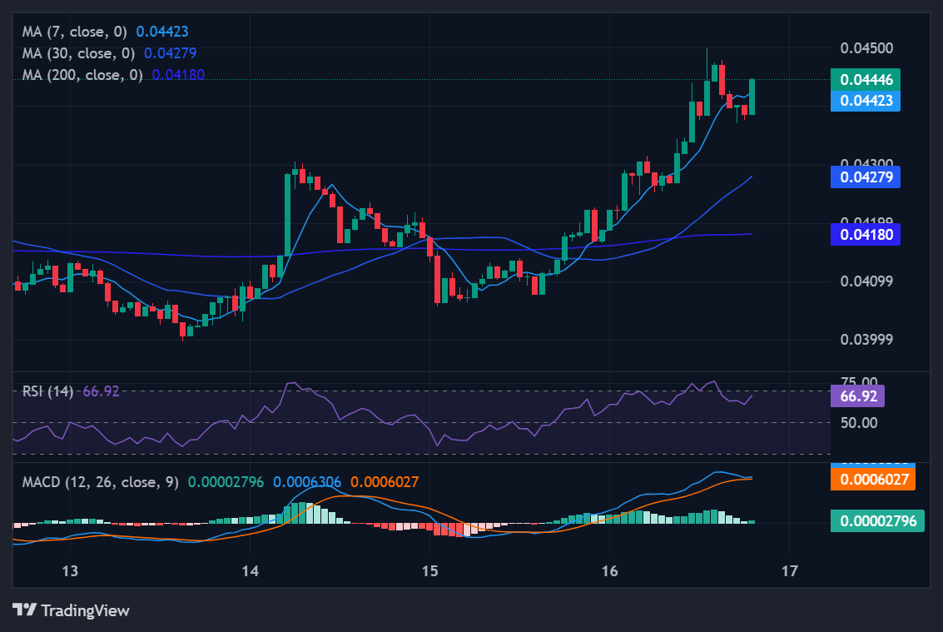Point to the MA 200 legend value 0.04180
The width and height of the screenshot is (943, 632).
(x=178, y=75)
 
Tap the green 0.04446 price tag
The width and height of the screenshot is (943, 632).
(x=866, y=80)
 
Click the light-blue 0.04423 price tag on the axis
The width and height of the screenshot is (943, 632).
(x=866, y=101)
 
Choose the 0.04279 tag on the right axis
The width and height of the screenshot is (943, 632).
(x=866, y=177)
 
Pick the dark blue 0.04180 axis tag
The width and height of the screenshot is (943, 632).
(x=866, y=235)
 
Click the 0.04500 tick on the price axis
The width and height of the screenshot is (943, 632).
(x=866, y=47)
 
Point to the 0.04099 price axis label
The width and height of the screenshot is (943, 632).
(x=866, y=281)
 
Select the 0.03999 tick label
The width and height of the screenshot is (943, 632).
(x=866, y=340)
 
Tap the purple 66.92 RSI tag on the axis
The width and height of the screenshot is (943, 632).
(x=857, y=396)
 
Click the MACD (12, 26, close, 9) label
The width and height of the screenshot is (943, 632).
(x=100, y=482)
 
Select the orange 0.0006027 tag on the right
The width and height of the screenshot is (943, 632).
(x=873, y=480)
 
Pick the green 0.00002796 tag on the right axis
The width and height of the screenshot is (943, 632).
(x=876, y=521)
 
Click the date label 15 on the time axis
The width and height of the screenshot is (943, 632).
(x=429, y=571)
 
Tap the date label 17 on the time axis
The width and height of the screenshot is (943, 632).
(x=789, y=571)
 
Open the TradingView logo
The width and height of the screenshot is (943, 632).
(x=72, y=610)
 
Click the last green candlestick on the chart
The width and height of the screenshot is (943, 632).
(x=752, y=97)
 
